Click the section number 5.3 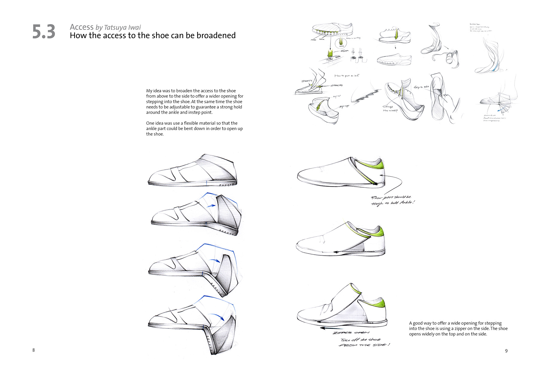(44, 32)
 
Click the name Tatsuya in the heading (115, 28)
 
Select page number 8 (34, 350)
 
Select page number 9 (506, 351)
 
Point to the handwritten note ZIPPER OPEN (351, 333)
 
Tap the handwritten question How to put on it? (346, 76)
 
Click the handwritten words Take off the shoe (360, 339)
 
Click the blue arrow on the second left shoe (211, 206)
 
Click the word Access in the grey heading (82, 27)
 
